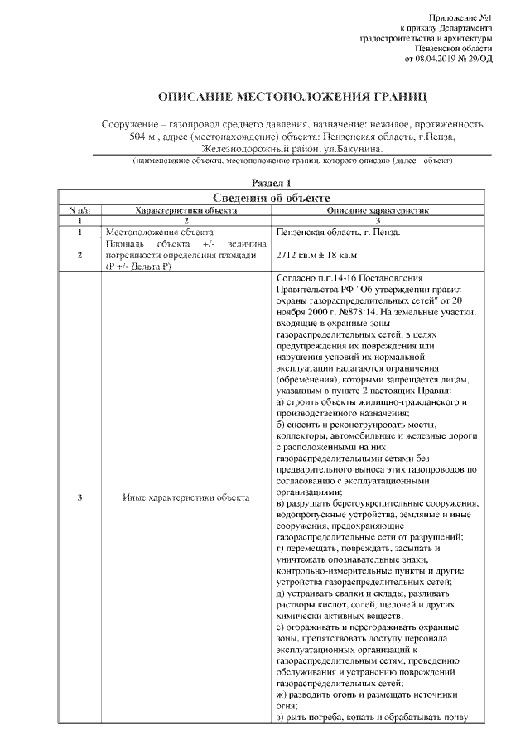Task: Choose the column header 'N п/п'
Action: coord(79,211)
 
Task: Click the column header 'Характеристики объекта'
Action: coord(186,211)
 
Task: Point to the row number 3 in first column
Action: coord(79,497)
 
